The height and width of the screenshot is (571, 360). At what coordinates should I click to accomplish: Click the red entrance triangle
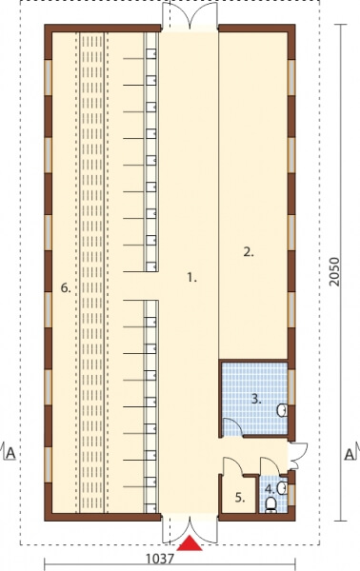tap(190, 543)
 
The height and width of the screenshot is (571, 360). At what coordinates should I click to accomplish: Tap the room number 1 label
tap(191, 278)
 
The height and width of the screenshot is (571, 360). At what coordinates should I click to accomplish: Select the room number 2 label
tap(249, 252)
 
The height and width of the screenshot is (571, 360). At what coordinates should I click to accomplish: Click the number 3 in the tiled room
tap(256, 399)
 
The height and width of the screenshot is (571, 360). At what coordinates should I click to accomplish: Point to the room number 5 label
tap(240, 498)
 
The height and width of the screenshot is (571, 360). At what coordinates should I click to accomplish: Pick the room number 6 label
tap(66, 288)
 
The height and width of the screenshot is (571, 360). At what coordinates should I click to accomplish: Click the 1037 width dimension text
tap(160, 559)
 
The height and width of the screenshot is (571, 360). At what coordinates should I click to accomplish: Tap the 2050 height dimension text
tap(333, 271)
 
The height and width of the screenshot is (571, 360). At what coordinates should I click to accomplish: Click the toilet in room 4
tap(270, 505)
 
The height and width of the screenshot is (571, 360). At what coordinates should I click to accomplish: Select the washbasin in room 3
tap(283, 410)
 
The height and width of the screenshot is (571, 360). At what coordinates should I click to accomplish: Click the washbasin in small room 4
tap(283, 488)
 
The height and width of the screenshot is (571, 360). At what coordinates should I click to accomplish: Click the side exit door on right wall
tap(298, 456)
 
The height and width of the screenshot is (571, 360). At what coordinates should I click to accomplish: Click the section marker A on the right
tap(350, 454)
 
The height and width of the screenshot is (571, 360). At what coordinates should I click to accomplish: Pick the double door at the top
tap(190, 15)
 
